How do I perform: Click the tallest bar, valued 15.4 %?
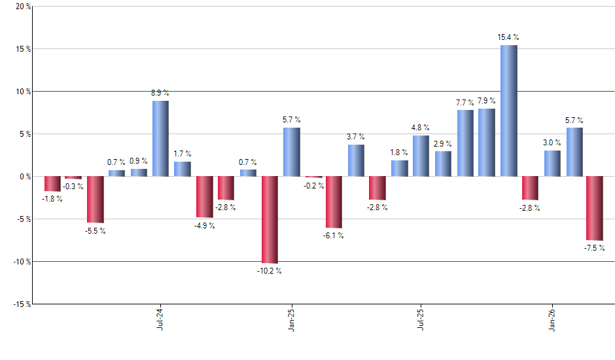pos(509,111)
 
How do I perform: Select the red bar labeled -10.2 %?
pos(270,219)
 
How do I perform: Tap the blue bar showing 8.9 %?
pos(160,138)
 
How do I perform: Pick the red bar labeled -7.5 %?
pos(595,208)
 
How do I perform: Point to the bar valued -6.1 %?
pos(334,202)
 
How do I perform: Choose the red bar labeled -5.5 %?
pos(96,200)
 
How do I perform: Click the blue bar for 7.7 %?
pos(465,143)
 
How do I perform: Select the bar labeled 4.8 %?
pos(421,156)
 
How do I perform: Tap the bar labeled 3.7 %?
pos(356,160)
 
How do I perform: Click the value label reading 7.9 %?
pos(487,101)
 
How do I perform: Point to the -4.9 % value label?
pos(205,226)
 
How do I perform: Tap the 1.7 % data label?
pos(183,154)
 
